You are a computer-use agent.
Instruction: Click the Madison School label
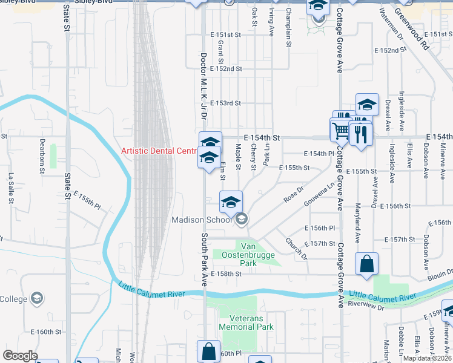202,220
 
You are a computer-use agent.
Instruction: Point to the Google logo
19,356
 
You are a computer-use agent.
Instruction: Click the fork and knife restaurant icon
362,134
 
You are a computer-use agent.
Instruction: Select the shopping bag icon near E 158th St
366,264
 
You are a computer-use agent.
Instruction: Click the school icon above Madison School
231,202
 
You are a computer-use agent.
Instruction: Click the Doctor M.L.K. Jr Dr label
204,85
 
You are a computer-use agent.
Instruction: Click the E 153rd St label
225,103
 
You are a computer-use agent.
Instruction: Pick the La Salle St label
11,187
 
